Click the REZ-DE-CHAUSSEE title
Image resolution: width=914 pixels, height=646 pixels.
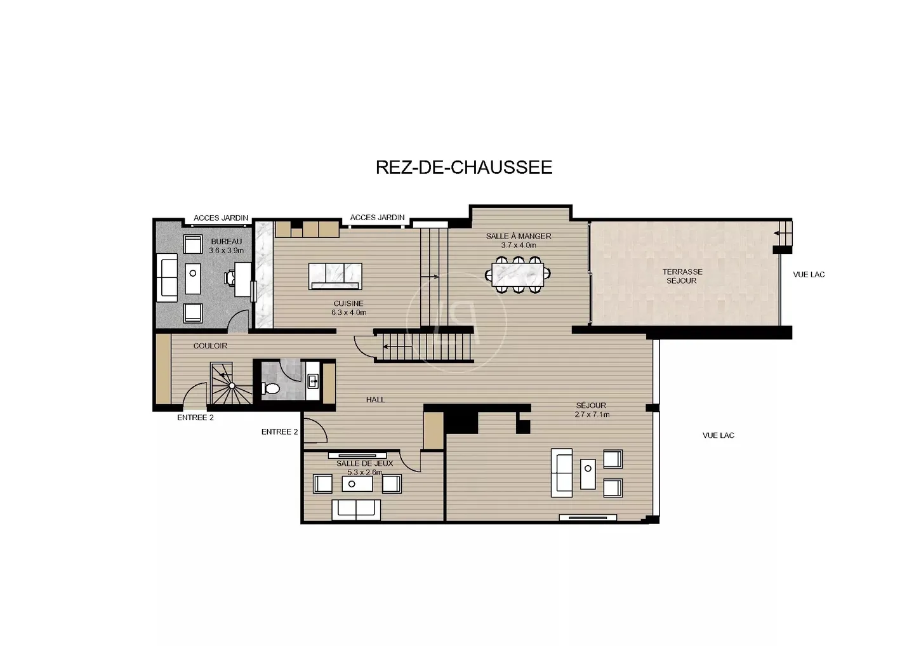pyautogui.click(x=464, y=167)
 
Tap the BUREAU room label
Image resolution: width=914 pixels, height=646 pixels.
pyautogui.click(x=227, y=241)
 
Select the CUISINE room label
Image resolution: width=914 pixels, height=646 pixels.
pyautogui.click(x=348, y=303)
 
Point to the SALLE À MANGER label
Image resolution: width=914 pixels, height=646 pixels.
pyautogui.click(x=519, y=236)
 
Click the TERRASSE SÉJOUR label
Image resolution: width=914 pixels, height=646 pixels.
pyautogui.click(x=682, y=276)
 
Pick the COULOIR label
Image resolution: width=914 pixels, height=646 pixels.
pyautogui.click(x=210, y=346)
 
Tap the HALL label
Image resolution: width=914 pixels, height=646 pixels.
pyautogui.click(x=375, y=400)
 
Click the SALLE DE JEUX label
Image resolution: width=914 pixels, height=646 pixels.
pyautogui.click(x=365, y=463)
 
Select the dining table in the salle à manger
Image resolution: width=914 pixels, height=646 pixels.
pyautogui.click(x=518, y=275)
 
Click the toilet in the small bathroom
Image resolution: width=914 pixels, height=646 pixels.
pyautogui.click(x=270, y=388)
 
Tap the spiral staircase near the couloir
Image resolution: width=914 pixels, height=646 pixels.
pyautogui.click(x=231, y=383)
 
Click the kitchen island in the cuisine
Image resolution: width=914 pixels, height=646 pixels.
pyautogui.click(x=335, y=276)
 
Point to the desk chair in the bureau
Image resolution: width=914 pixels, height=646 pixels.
pyautogui.click(x=230, y=278)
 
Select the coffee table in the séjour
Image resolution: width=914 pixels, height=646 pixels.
pyautogui.click(x=588, y=473)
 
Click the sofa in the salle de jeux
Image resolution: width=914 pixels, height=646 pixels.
pyautogui.click(x=356, y=510)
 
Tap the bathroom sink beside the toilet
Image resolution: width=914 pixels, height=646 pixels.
pyautogui.click(x=313, y=381)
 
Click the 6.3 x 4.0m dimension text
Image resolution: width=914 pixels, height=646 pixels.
pyautogui.click(x=349, y=313)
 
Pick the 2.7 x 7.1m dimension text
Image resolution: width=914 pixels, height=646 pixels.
pyautogui.click(x=592, y=415)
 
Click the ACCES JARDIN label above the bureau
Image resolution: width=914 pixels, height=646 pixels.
pyautogui.click(x=221, y=218)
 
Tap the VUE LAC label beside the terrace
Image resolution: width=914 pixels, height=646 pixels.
pyautogui.click(x=809, y=275)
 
